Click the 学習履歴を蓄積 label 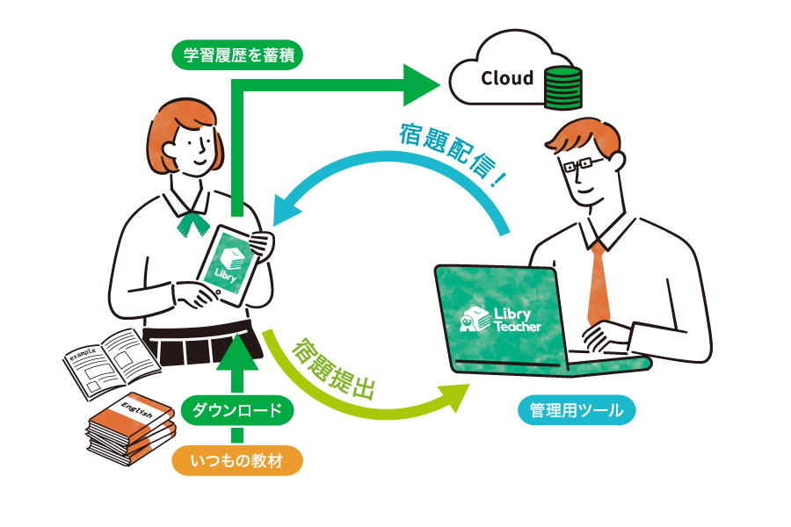coord(237,57)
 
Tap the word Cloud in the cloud coord(507,78)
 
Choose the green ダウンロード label coord(236,410)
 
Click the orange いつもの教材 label coord(236,459)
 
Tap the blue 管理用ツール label coord(576,409)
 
